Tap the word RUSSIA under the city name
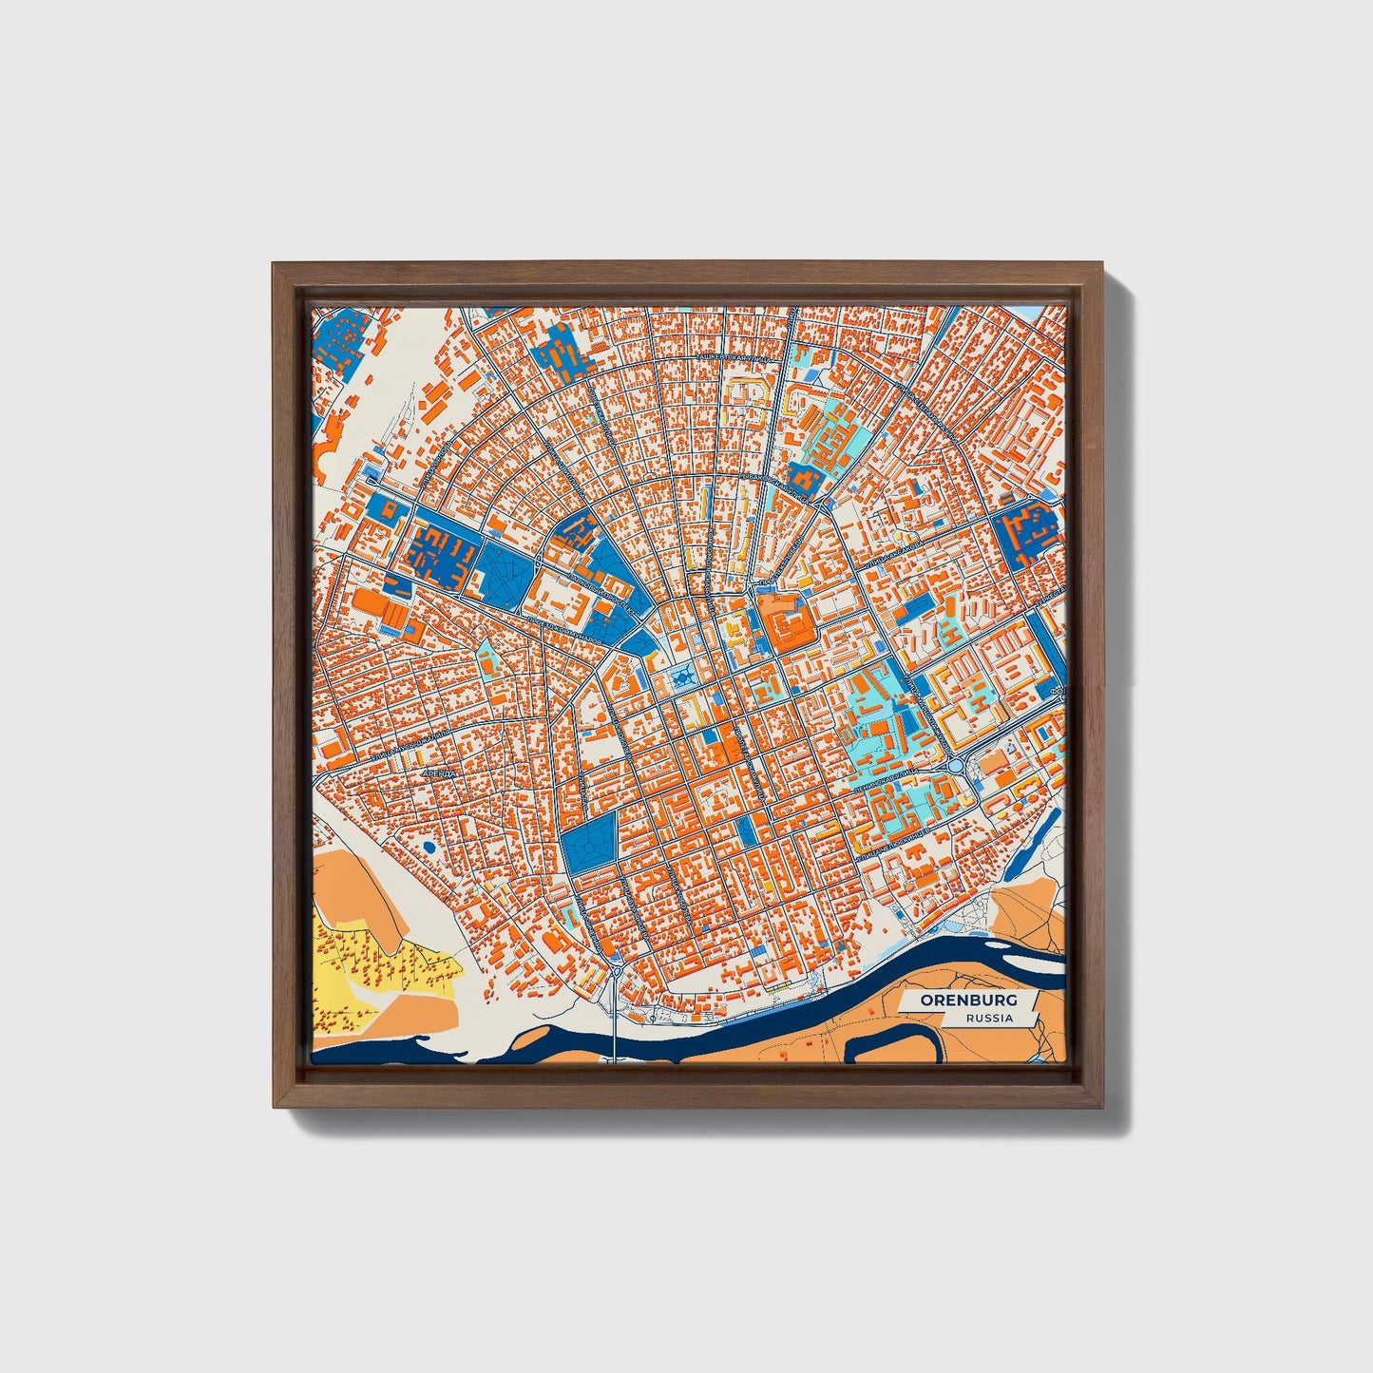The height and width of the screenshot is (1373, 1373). (x=988, y=1019)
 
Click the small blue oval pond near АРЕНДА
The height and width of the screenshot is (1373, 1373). (x=429, y=845)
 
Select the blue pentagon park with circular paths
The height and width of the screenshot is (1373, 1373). (x=589, y=842)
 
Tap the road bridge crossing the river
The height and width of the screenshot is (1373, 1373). (x=615, y=1031)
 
